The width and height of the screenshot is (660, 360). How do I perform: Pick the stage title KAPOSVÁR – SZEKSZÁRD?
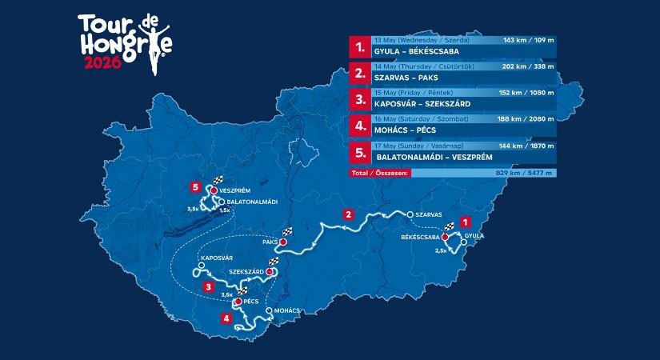[422, 104]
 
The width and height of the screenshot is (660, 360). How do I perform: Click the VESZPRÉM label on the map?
[235, 190]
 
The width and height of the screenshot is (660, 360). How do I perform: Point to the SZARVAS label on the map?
[430, 214]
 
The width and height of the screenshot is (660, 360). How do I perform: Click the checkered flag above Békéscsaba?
[448, 227]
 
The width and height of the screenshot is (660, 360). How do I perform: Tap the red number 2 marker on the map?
[348, 214]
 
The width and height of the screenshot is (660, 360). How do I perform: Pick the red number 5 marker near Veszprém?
[195, 189]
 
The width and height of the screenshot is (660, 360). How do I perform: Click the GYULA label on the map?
[474, 238]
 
